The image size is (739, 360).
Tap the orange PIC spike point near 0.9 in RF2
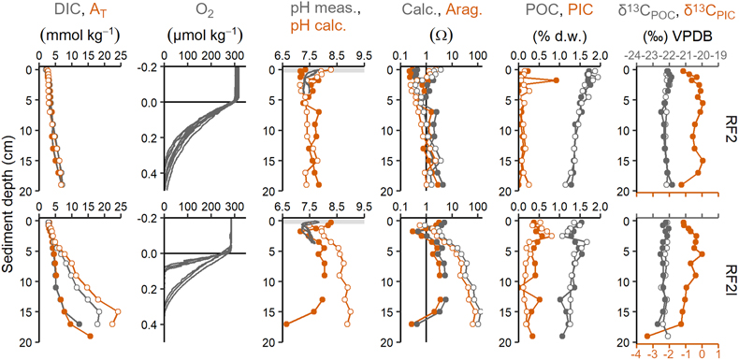coord(557,80)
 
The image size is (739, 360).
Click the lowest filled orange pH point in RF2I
coord(286,324)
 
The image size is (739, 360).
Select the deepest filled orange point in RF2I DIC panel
coord(90,336)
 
